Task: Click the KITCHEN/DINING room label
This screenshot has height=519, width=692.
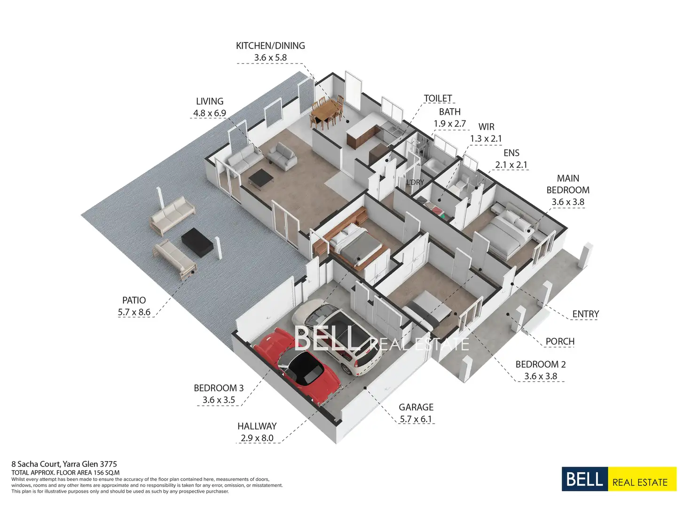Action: click(x=270, y=46)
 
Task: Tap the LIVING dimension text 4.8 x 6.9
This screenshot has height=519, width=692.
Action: click(x=210, y=113)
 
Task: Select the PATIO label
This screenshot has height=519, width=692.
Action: click(x=134, y=300)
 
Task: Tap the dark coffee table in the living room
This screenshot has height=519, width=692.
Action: click(x=260, y=178)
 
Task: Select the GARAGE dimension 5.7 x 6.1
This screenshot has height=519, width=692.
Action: click(x=416, y=419)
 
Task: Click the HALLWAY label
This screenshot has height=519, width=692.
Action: click(x=257, y=426)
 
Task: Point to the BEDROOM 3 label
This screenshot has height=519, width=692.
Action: click(x=219, y=388)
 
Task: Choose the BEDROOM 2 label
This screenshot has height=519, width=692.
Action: click(x=541, y=364)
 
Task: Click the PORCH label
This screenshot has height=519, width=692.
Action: click(x=560, y=341)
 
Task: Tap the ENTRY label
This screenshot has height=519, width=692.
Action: click(x=585, y=314)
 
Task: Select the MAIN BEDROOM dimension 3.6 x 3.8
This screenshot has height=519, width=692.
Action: click(x=568, y=202)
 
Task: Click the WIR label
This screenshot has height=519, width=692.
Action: click(x=486, y=127)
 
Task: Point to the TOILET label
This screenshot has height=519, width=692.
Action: click(x=438, y=98)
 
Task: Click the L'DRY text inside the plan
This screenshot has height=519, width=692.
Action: click(x=415, y=182)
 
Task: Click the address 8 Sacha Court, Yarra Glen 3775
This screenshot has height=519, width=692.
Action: click(x=64, y=464)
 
